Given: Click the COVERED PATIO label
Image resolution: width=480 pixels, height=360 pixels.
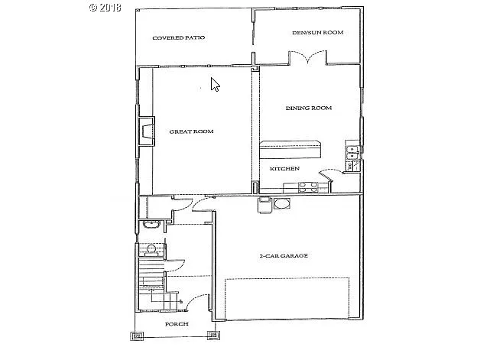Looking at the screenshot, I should point(178,37).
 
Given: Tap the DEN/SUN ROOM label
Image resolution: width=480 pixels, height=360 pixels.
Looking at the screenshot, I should point(317,33).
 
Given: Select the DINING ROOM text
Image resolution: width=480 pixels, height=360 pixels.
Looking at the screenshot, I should point(308,109).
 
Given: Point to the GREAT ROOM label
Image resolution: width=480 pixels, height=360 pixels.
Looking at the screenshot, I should point(191,131).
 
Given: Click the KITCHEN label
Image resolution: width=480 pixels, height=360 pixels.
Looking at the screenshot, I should point(284,168).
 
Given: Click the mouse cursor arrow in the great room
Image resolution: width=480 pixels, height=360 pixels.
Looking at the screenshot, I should point(215,84).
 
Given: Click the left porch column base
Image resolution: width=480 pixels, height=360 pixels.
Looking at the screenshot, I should point(138,335).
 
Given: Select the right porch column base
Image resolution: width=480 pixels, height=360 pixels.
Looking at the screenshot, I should point(213,335).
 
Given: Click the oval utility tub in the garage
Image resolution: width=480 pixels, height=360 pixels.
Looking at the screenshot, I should point(281,203).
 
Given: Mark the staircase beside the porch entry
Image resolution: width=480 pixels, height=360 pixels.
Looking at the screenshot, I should point(150,275).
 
